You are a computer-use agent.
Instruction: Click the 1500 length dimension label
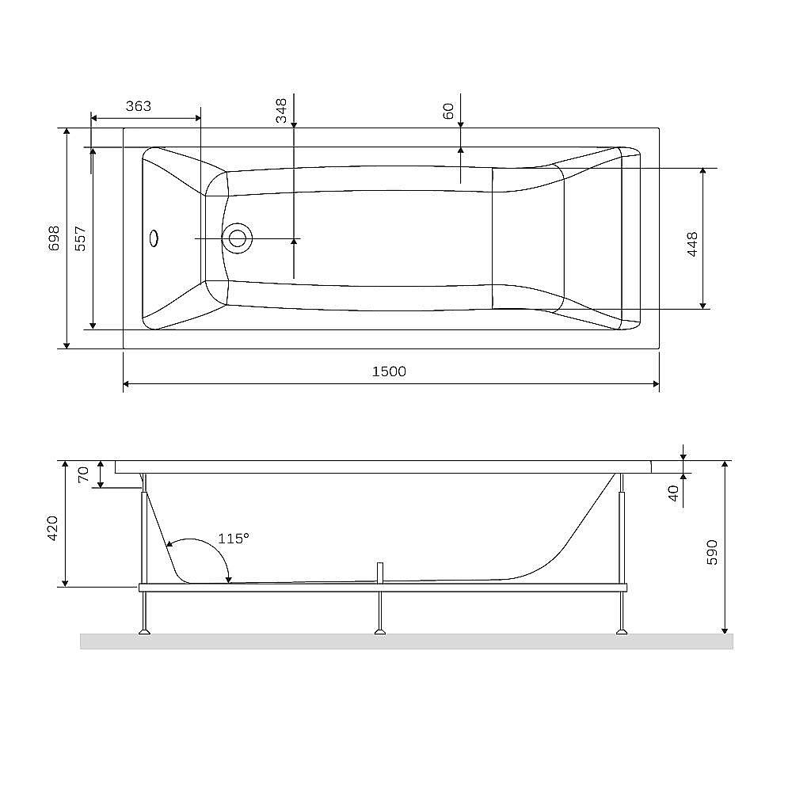tap(389, 371)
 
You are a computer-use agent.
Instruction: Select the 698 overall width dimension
tap(54, 238)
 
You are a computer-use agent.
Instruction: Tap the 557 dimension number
tap(80, 238)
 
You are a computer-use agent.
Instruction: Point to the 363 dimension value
tap(139, 106)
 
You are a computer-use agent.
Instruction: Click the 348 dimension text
tap(281, 110)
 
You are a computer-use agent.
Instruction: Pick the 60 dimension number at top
tap(448, 112)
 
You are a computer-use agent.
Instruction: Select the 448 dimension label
tap(692, 244)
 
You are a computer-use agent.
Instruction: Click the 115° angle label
tap(234, 539)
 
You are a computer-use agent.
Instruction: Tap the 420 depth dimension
tap(54, 527)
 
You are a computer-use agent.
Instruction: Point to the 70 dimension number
tap(84, 475)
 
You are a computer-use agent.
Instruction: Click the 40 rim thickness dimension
tap(673, 493)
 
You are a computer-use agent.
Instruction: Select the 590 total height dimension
tap(711, 551)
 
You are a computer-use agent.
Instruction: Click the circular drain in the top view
tap(237, 237)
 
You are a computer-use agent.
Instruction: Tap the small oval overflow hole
tap(154, 237)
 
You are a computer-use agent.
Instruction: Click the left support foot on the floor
tap(144, 631)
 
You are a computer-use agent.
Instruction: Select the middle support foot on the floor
tap(380, 631)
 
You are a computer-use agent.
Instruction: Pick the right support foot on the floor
tap(622, 631)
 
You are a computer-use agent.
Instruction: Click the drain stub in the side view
tap(380, 572)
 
